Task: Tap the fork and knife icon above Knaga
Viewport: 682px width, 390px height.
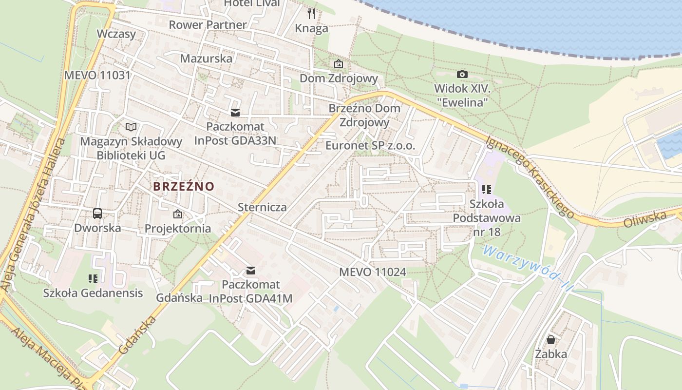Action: point(311,13)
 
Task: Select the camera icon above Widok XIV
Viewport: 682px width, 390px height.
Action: point(462,74)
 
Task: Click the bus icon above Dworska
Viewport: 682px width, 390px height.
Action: point(97,213)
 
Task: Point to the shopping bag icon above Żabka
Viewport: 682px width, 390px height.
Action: point(550,339)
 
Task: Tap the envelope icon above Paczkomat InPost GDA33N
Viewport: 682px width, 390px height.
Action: point(235,113)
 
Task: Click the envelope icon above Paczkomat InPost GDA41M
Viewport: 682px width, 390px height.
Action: point(251,270)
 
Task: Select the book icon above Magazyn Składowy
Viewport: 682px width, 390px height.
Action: point(131,127)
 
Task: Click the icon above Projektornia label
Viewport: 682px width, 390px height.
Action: point(178,214)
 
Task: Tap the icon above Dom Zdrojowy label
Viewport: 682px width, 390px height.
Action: point(339,64)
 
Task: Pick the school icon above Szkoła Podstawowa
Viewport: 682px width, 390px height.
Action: point(486,189)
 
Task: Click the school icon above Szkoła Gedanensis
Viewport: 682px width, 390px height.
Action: point(93,279)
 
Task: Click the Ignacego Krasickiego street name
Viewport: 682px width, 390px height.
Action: point(530,176)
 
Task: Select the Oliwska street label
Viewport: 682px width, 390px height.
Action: point(644,219)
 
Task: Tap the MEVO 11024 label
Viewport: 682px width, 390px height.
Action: point(373,272)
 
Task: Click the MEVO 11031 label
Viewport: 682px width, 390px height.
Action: point(97,75)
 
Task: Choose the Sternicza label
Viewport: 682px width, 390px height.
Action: point(262,207)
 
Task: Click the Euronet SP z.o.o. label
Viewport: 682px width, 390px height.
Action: point(370,145)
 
